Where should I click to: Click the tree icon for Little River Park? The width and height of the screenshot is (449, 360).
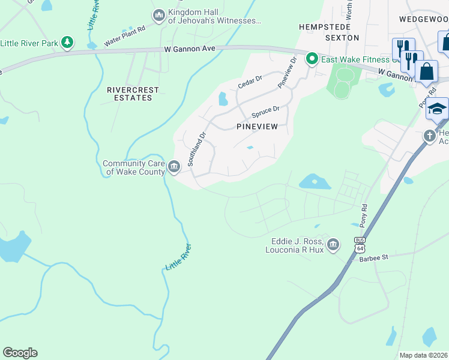(x=68, y=42)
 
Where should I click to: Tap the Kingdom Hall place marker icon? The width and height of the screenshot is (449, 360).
(x=159, y=15)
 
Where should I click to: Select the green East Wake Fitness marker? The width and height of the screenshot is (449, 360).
(x=312, y=59)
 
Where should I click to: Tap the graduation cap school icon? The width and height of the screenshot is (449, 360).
(x=438, y=109)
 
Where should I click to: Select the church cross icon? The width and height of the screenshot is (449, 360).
(x=430, y=136)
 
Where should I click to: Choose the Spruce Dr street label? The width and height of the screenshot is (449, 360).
(x=265, y=111)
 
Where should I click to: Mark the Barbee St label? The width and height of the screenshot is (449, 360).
(x=374, y=257)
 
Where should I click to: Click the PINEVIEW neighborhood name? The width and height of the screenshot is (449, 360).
(x=257, y=127)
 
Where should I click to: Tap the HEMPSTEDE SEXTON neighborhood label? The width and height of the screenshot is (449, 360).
(x=329, y=32)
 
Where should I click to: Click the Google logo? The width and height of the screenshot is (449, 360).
(x=20, y=353)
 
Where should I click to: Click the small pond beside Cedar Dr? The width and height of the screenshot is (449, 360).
(x=223, y=98)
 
